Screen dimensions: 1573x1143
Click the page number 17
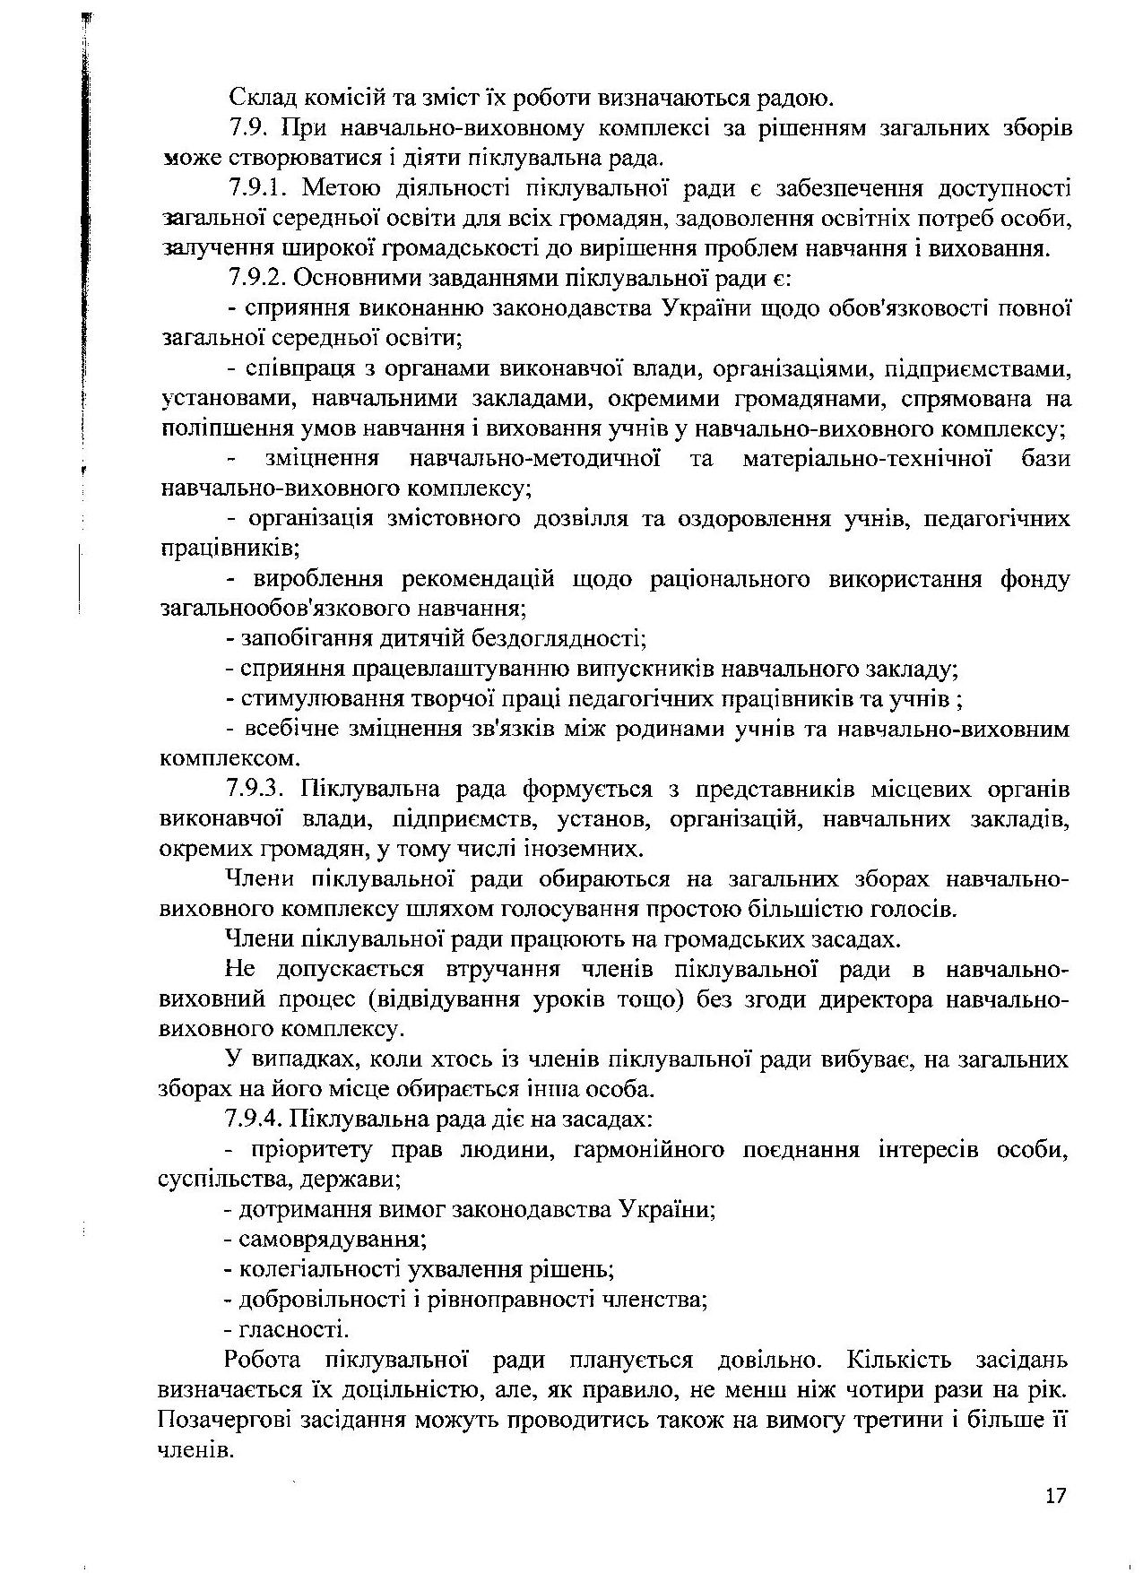pyautogui.click(x=1055, y=1496)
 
